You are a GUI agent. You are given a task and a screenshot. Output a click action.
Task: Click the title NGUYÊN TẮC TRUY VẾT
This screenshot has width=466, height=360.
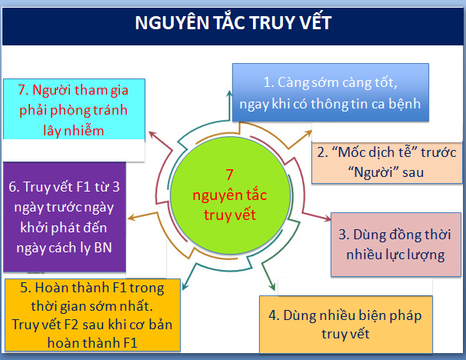(233, 22)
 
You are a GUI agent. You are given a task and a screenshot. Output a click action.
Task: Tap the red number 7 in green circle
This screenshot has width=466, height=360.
(229, 175)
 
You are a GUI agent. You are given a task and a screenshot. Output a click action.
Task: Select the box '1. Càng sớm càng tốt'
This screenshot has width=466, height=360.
(331, 92)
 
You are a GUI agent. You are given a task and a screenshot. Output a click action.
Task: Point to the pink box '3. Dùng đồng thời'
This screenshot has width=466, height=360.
(396, 245)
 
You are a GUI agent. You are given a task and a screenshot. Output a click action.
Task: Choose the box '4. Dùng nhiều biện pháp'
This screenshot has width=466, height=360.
(346, 325)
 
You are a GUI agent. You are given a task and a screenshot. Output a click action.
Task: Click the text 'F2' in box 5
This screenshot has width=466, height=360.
(71, 325)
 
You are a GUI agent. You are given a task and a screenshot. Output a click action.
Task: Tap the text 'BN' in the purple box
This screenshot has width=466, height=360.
(103, 248)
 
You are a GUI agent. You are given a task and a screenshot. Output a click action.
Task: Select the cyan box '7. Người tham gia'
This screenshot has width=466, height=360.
(74, 108)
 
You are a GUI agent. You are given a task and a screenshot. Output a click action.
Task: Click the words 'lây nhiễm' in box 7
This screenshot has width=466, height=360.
(74, 131)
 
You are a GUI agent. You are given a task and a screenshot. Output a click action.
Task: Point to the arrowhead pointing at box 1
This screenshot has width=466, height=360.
(229, 93)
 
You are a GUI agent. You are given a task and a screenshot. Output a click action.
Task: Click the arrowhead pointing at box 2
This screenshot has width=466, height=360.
(308, 133)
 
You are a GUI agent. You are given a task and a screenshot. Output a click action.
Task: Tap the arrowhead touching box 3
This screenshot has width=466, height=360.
(328, 218)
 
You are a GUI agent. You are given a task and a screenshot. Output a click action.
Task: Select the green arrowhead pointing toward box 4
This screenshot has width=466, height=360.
(272, 287)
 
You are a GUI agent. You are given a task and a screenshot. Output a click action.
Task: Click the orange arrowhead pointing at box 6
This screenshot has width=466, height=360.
(131, 218)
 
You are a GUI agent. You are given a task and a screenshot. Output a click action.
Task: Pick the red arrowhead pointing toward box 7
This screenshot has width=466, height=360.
(152, 135)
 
